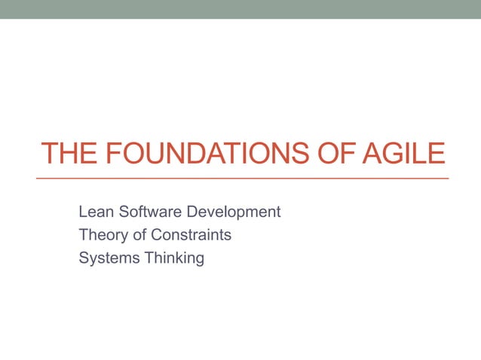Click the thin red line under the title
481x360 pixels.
[x=241, y=178]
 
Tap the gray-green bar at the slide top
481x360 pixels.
[x=241, y=9]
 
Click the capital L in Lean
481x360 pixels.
[x=82, y=212]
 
